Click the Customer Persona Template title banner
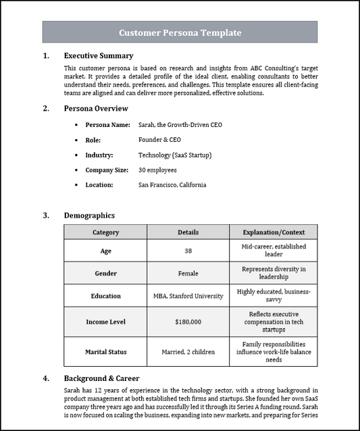point(180,32)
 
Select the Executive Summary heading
point(98,56)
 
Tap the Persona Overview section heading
point(95,108)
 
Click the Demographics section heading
point(89,215)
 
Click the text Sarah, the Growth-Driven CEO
point(180,125)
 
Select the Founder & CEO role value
point(159,140)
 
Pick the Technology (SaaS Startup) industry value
point(175,155)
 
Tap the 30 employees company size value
point(157,170)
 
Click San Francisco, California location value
point(172,184)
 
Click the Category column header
point(105,232)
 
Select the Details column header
point(188,232)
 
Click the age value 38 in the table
point(188,251)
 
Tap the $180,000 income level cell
point(188,322)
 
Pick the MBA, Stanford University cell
point(188,296)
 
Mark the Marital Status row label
point(105,352)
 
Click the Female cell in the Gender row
point(188,274)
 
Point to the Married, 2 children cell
point(188,352)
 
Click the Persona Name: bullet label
point(107,125)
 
